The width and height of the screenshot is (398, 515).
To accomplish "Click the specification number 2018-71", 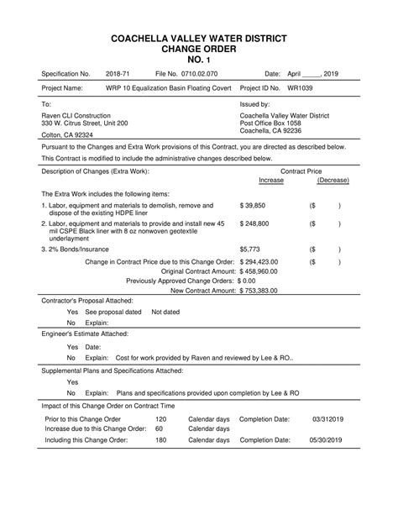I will pos(119,74).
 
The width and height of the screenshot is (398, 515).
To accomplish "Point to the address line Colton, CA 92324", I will pos(67,134).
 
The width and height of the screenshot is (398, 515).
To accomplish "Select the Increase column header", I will pos(271,181).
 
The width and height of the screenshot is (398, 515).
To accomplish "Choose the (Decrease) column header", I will pos(333,181).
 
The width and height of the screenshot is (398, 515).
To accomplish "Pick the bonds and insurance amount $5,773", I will pos(250,250).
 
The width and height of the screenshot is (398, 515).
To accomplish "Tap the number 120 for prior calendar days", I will pos(161,418).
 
